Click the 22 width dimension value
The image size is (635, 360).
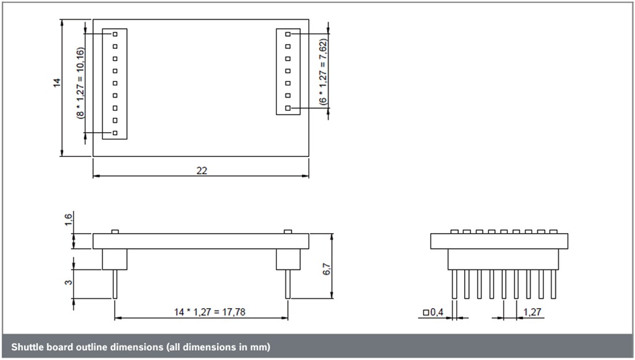pos(201,171)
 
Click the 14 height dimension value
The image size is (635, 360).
pos(57,83)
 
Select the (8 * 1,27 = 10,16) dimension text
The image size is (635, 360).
pos(80,82)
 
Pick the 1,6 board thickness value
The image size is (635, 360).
pos(69,220)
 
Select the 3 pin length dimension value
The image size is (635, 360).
pos(69,283)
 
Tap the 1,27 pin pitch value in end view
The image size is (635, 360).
pos(531,312)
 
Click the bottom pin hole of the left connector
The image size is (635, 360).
pos(115,133)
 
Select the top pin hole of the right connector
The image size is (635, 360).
pos(288,35)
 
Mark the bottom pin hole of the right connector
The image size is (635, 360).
pos(288,108)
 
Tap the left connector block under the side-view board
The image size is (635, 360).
pos(115,259)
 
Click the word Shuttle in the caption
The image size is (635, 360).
pos(27,347)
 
